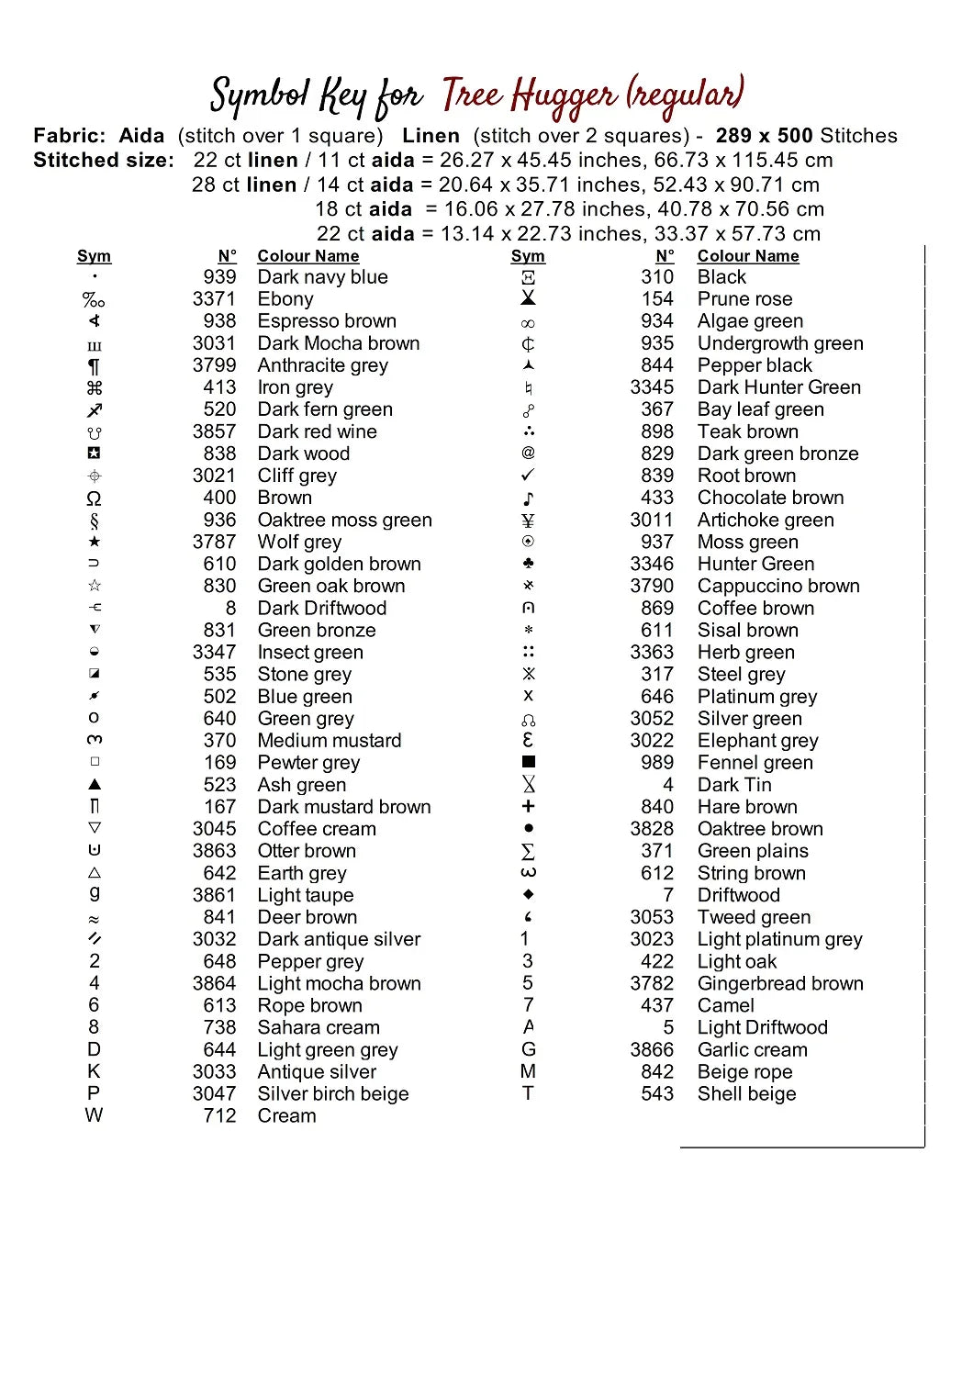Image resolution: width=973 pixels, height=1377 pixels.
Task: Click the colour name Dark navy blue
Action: [322, 277]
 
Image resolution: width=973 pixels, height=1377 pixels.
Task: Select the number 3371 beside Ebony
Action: [214, 299]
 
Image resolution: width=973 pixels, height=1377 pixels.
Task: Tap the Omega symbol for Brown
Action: [94, 498]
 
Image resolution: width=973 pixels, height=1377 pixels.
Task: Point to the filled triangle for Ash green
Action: [94, 785]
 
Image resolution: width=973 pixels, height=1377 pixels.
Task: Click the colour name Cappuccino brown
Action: [778, 586]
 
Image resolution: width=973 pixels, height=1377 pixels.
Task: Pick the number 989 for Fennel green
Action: [657, 763]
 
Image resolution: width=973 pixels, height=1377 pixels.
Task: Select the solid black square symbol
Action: [528, 762]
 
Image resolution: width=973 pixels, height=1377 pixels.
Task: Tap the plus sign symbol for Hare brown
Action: [528, 807]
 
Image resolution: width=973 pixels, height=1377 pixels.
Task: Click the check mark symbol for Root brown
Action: [528, 476]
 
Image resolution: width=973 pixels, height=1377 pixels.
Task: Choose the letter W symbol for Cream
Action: [94, 1115]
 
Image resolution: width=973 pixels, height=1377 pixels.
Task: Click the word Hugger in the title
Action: [564, 96]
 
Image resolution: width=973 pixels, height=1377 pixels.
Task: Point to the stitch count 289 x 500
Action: [765, 136]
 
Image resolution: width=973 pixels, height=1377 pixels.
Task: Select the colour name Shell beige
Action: [746, 1094]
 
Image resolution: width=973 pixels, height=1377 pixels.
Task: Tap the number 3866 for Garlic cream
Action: [652, 1050]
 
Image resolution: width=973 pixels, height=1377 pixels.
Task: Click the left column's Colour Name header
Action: [308, 256]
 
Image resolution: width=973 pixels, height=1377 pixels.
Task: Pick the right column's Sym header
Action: [528, 256]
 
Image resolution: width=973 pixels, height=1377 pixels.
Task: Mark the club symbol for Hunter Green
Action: [528, 564]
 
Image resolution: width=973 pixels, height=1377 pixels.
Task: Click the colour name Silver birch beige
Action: [332, 1094]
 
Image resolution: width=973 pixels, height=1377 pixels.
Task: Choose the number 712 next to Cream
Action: [219, 1116]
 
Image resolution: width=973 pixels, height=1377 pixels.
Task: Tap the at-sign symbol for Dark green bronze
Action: [528, 453]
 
